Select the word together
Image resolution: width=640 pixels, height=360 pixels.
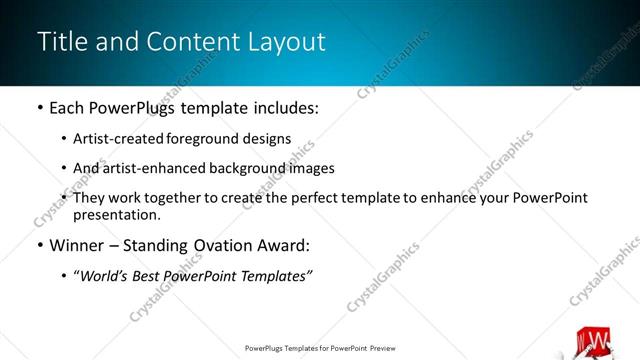[180, 198]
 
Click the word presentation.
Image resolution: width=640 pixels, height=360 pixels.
[115, 215]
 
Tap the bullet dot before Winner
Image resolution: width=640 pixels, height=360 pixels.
[39, 245]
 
